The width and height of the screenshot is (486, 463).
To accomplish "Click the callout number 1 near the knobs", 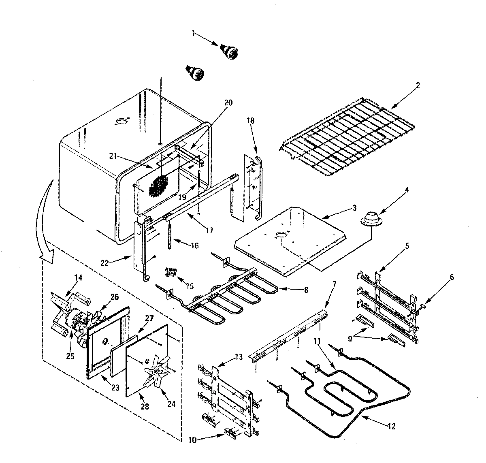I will pos(194,34).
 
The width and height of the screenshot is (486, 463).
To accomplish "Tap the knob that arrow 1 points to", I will pos(230,52).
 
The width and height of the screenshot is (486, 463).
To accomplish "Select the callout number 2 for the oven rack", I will pos(418,85).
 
